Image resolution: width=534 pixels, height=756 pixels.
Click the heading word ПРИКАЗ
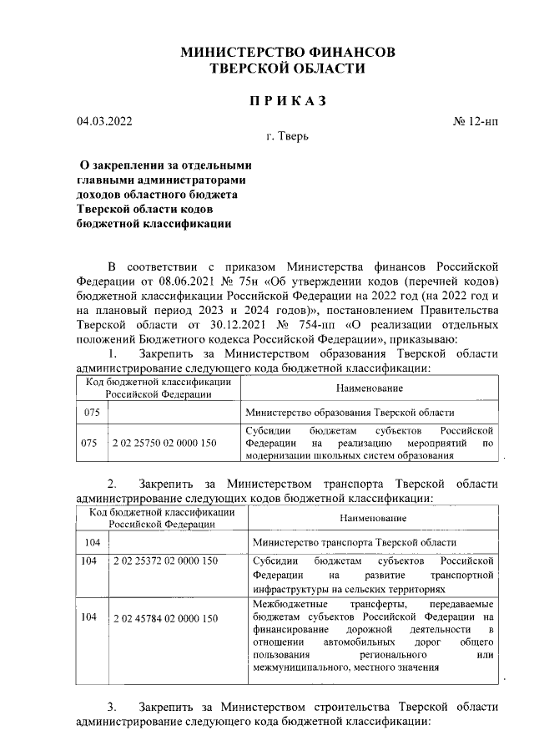coord(288,101)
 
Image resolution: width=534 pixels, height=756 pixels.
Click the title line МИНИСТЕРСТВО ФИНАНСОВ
coord(288,53)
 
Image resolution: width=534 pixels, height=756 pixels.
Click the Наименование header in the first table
coord(370,388)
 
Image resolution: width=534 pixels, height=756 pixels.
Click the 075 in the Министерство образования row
coord(90,413)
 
